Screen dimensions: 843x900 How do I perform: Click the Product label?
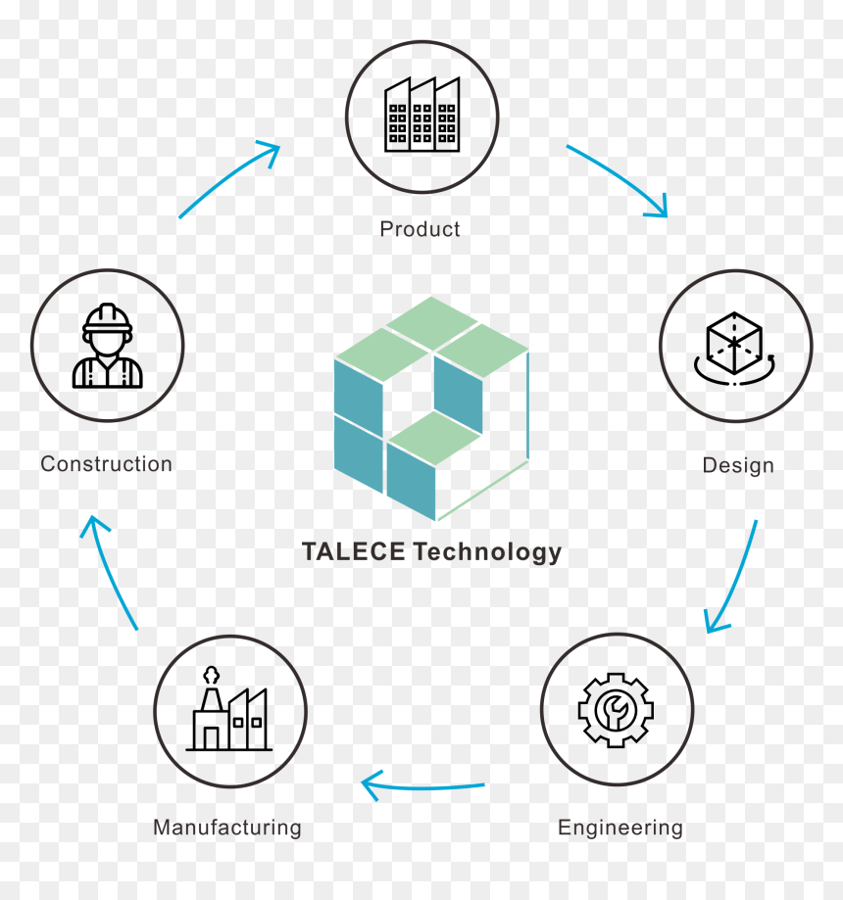pyautogui.click(x=420, y=229)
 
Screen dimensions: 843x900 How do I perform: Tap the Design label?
pyautogui.click(x=738, y=465)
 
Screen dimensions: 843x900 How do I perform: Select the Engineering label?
pyautogui.click(x=620, y=829)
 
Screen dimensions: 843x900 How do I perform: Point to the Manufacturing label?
pyautogui.click(x=227, y=828)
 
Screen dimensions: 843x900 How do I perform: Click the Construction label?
pyautogui.click(x=106, y=464)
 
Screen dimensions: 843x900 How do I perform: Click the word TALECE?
pyautogui.click(x=354, y=551)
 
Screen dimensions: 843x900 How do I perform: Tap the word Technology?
pyautogui.click(x=487, y=552)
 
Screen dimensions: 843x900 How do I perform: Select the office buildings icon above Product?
pyautogui.click(x=422, y=115)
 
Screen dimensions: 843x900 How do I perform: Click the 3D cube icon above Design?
pyautogui.click(x=735, y=349)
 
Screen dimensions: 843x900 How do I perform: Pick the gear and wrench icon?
pyautogui.click(x=616, y=710)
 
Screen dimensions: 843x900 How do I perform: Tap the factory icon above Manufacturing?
pyautogui.click(x=229, y=708)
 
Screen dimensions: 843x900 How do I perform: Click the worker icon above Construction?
pyautogui.click(x=108, y=346)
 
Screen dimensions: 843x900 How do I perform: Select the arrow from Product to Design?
pyautogui.click(x=624, y=174)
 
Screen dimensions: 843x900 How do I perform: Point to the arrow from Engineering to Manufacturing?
pyautogui.click(x=422, y=788)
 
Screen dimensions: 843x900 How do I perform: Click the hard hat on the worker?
pyautogui.click(x=108, y=319)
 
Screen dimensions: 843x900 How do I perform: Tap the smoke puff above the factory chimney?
pyautogui.click(x=212, y=675)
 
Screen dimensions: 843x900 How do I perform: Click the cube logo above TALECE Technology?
pyautogui.click(x=431, y=408)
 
